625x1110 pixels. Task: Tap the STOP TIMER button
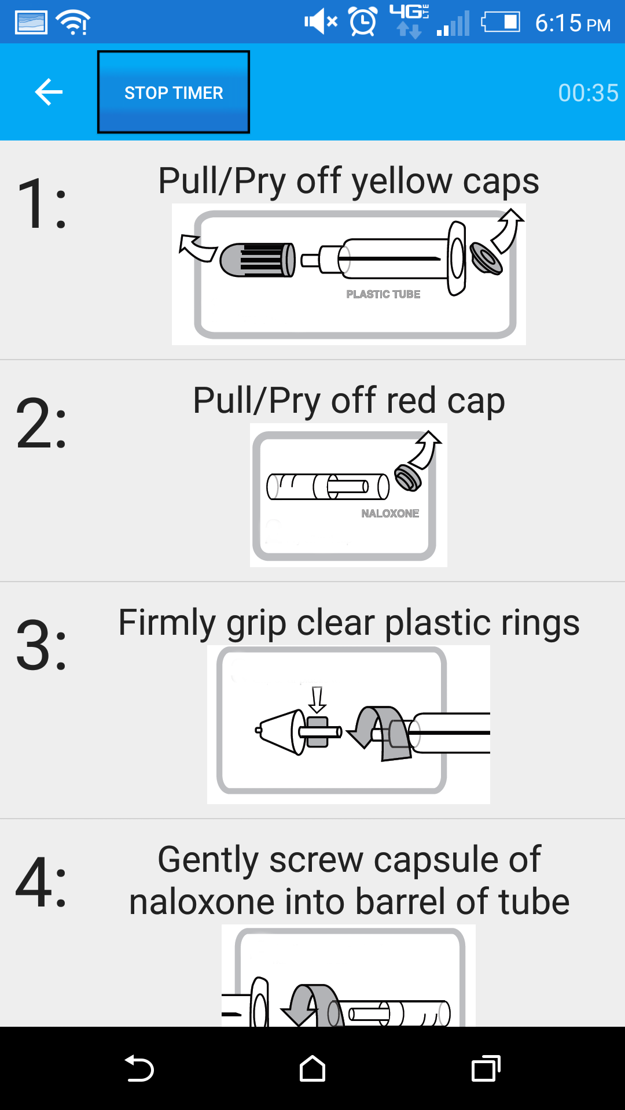(174, 92)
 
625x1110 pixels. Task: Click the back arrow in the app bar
(49, 92)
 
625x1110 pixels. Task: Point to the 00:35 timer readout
(588, 92)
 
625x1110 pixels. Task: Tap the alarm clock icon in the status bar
(363, 22)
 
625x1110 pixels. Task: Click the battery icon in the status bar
(501, 23)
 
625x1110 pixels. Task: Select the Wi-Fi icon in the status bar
(73, 23)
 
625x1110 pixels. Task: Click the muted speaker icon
(321, 22)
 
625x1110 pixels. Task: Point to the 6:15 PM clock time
(573, 23)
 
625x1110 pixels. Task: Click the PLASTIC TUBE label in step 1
(383, 294)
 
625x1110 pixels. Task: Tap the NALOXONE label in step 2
(390, 513)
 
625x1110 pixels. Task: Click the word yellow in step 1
(402, 182)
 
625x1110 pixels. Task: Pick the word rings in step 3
(540, 623)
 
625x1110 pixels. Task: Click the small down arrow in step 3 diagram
(317, 700)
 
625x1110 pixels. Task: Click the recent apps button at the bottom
(486, 1068)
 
